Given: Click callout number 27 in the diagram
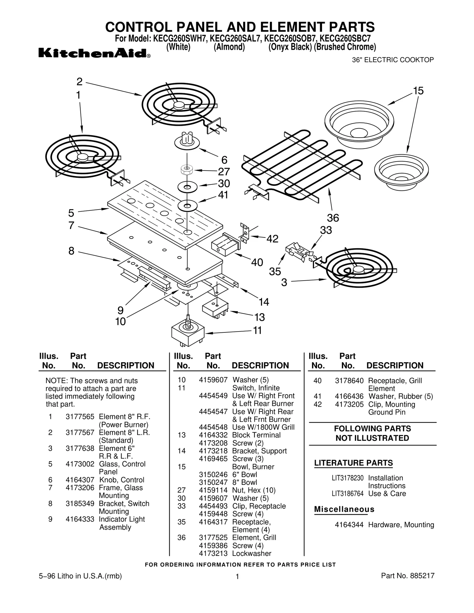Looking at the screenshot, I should (x=224, y=171).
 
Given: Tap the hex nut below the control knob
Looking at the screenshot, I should (x=187, y=170).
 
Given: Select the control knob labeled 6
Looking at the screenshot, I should (x=187, y=141).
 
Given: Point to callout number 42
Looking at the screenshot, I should (x=272, y=239).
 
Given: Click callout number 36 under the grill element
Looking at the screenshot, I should (x=333, y=218).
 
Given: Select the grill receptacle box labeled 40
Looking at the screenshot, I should (x=224, y=244).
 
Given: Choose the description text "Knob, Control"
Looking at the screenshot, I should (x=121, y=480).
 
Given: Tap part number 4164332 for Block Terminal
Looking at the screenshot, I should (x=213, y=435).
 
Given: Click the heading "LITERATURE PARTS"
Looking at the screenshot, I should (x=353, y=463).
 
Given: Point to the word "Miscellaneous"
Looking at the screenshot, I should (x=344, y=509).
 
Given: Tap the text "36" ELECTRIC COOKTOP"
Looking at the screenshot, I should (x=393, y=60).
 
